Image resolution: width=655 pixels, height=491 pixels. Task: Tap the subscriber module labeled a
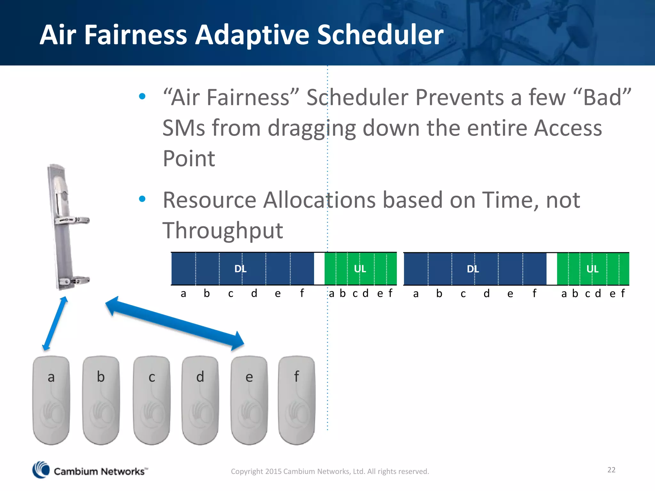(51, 400)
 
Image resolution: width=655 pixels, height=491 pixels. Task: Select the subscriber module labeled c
(152, 400)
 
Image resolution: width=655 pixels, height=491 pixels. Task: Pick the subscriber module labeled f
(296, 400)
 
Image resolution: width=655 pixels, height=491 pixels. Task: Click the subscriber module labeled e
(249, 400)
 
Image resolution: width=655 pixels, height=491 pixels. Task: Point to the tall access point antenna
(66, 227)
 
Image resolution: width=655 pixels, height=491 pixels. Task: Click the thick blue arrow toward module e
(175, 323)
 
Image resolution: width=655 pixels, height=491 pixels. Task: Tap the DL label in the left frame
(240, 269)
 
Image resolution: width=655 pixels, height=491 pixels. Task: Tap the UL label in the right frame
(592, 269)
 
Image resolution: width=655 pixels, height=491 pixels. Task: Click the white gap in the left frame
(319, 269)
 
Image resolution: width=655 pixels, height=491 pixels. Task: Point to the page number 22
(611, 470)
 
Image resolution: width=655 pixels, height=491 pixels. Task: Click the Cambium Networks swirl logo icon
(41, 470)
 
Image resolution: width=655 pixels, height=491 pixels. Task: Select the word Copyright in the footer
(247, 472)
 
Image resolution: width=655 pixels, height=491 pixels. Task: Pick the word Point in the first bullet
(189, 159)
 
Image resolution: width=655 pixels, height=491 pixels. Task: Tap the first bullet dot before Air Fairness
(142, 96)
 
